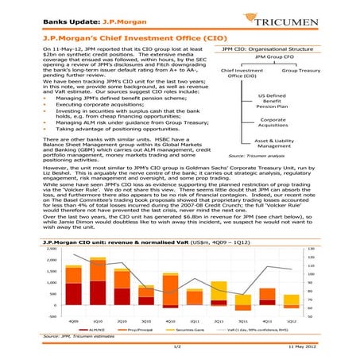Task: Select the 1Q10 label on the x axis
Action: click(97, 320)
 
